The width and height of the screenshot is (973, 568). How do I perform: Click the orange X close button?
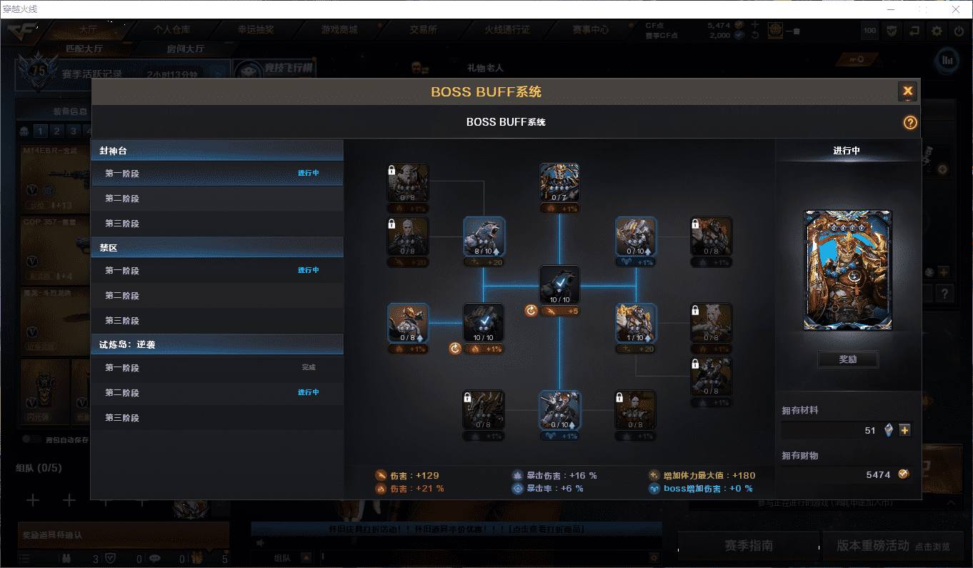(907, 91)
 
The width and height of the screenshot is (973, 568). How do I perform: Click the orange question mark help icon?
(909, 122)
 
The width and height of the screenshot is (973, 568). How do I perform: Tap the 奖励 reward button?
(847, 359)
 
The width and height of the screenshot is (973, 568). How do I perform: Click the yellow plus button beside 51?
(904, 430)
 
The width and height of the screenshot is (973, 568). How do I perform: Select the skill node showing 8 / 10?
(484, 236)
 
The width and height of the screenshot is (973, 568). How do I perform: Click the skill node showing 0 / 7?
(559, 183)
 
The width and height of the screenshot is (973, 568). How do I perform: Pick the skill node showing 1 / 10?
(636, 323)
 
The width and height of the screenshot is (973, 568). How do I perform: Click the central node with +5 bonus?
(559, 285)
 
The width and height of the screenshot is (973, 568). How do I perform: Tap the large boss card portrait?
(847, 269)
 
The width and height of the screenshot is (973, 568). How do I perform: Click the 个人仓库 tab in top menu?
(171, 30)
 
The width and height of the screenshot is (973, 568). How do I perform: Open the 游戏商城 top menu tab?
(339, 30)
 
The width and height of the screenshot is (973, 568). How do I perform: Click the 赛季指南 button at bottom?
(748, 545)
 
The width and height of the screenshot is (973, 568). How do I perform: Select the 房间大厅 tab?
(185, 49)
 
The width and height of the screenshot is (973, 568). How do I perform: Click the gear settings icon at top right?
(936, 31)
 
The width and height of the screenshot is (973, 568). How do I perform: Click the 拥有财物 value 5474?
(877, 474)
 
